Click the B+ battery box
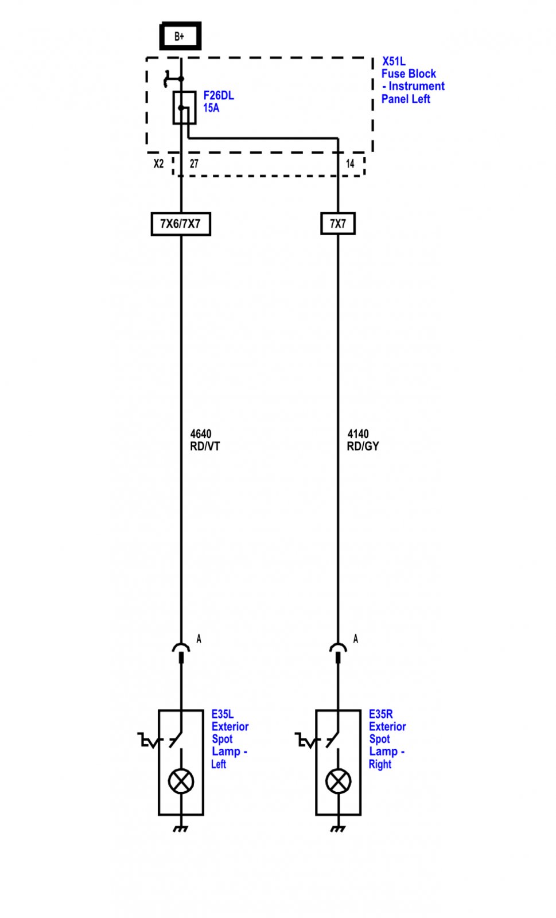coord(180,36)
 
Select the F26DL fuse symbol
coord(184,108)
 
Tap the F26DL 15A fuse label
coord(219,102)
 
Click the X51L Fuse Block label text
coord(413,80)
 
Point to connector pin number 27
coord(194,164)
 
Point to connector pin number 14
coord(350,164)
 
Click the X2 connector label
coord(158,164)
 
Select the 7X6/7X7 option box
coord(181,224)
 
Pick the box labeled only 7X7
coord(338,223)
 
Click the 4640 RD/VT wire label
coord(205,439)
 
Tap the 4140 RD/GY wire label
coord(363,439)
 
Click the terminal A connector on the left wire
coord(181,652)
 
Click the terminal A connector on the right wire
coord(338,652)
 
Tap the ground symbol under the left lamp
coord(180,828)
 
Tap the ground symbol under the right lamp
coord(337,828)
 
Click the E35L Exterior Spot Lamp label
coord(230,739)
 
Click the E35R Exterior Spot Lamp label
coord(387,739)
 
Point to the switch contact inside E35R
coord(333,739)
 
